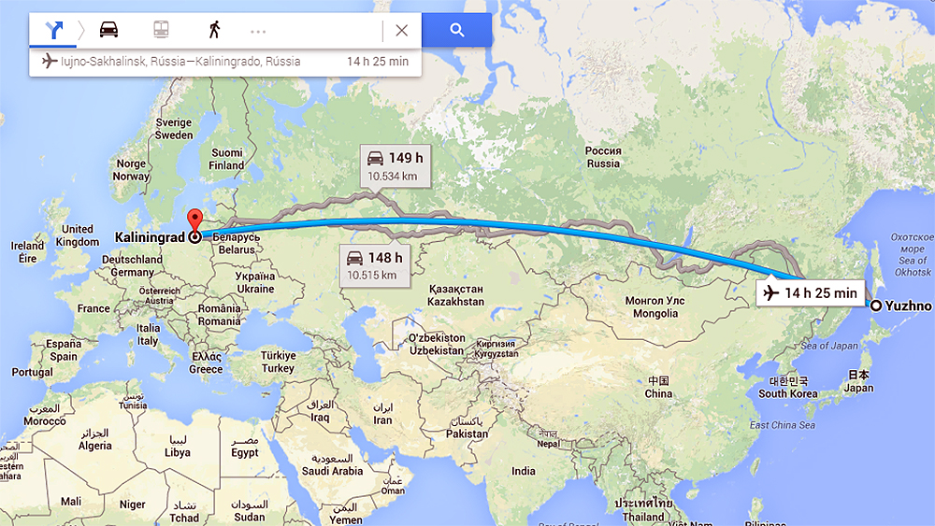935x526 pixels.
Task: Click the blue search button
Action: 456,30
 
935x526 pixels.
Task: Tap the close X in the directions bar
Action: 401,30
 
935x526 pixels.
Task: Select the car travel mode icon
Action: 109,30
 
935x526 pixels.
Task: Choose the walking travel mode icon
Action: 214,30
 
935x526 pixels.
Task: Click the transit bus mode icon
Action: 161,30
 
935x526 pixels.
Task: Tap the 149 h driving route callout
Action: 396,165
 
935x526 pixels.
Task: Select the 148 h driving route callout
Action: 374,265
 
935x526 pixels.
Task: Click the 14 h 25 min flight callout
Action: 810,293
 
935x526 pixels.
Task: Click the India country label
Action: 524,472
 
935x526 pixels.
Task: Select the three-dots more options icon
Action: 258,31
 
